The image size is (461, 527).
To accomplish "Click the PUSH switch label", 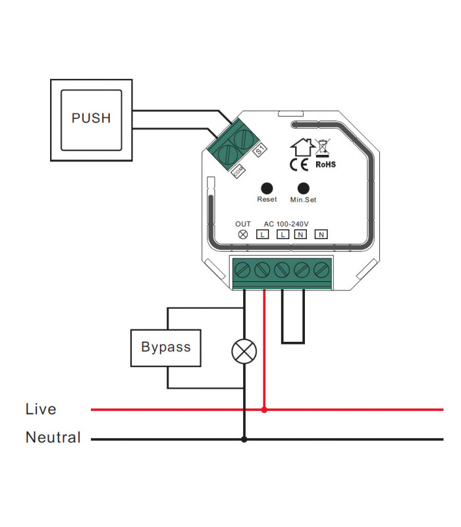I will click(91, 119).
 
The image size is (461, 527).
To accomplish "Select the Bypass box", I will click(166, 347).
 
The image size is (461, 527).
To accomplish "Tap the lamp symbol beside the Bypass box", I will click(244, 351).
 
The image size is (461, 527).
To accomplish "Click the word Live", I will click(41, 409).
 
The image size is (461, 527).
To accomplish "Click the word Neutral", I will click(53, 437).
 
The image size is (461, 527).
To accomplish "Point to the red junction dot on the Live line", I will click(265, 410).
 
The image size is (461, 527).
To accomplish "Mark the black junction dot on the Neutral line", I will click(244, 439).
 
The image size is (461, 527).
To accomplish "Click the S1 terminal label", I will click(259, 151).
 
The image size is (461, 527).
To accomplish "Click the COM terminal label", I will click(240, 172).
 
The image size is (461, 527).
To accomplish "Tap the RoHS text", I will click(325, 164).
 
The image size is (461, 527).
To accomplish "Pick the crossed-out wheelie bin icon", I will click(323, 148).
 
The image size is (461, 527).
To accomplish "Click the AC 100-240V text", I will click(286, 224).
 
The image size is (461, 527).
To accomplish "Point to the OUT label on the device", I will click(243, 224).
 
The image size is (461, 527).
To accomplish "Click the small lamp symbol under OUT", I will click(243, 235).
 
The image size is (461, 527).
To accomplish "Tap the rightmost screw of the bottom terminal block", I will click(321, 269).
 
